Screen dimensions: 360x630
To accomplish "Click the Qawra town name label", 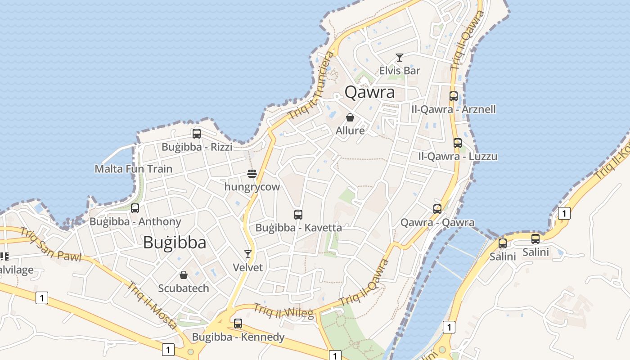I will [x=369, y=92].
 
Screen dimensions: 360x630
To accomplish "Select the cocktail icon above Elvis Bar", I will [x=399, y=58].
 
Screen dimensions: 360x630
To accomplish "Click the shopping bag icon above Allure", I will [x=350, y=117].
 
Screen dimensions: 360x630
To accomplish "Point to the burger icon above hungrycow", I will [x=252, y=174].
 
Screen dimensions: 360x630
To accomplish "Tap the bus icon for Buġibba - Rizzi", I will [x=197, y=134].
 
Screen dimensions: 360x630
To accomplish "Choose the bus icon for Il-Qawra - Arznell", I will [x=454, y=96].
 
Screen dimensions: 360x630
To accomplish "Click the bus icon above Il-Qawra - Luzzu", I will [x=458, y=143].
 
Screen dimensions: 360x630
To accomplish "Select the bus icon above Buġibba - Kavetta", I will [x=298, y=215].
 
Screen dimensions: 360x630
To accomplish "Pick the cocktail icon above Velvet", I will [x=247, y=254].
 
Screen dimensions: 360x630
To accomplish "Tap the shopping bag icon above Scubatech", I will [x=184, y=275].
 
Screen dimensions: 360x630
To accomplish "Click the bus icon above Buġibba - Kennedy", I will [x=238, y=324].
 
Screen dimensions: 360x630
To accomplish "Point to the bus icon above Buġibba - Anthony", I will [x=135, y=208].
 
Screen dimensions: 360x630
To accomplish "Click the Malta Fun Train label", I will [x=133, y=169].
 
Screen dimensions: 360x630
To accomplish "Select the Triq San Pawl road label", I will [x=50, y=245].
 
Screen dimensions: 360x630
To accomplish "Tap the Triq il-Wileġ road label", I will [x=283, y=310].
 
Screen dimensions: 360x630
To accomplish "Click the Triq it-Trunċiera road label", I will [x=313, y=85].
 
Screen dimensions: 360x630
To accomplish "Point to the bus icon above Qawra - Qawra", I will [x=437, y=209].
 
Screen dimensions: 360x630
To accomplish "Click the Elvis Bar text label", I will [x=400, y=71].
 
